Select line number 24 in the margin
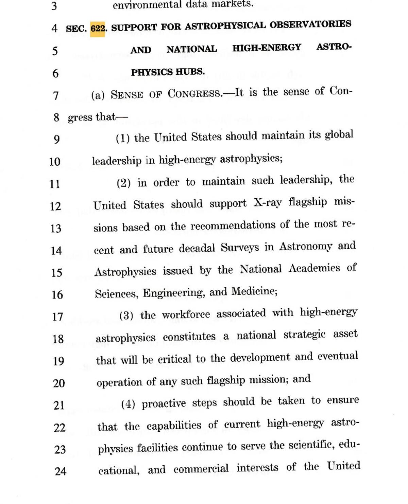pyautogui.click(x=60, y=471)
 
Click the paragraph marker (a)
pyautogui.click(x=98, y=95)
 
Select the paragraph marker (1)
pyautogui.click(x=123, y=139)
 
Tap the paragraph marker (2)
pyautogui.click(x=124, y=183)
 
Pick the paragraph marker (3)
pyautogui.click(x=126, y=316)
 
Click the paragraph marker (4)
pyautogui.click(x=128, y=404)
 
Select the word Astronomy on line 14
pyautogui.click(x=305, y=247)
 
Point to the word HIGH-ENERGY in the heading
pyautogui.click(x=267, y=48)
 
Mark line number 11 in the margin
pyautogui.click(x=55, y=184)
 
